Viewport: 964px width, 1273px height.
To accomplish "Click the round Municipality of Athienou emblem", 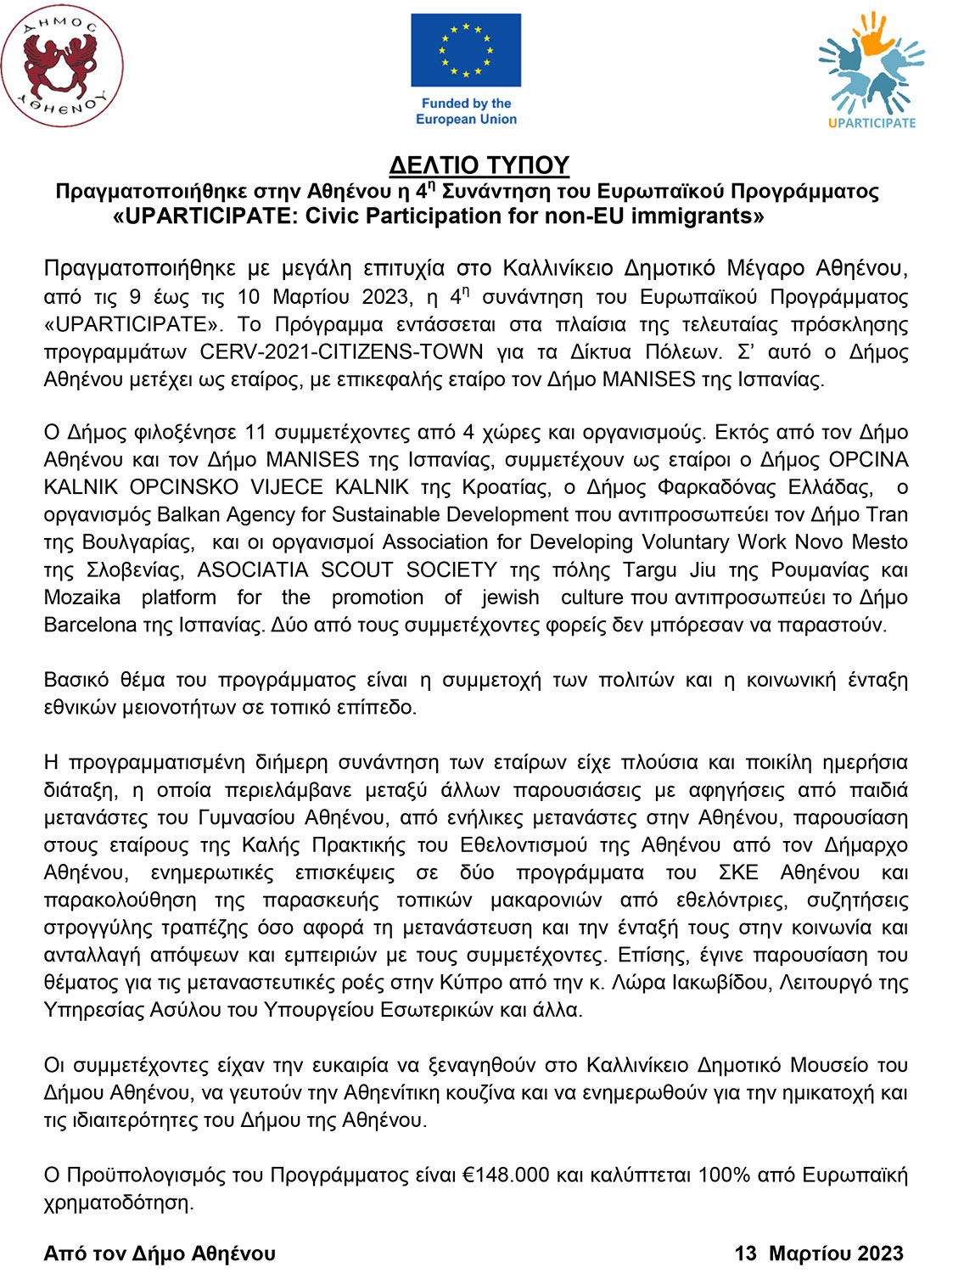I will pyautogui.click(x=62, y=66).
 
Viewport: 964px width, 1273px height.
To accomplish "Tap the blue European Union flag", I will pyautogui.click(x=466, y=50).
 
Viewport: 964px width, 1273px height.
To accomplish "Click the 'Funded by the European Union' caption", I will pyautogui.click(x=466, y=111).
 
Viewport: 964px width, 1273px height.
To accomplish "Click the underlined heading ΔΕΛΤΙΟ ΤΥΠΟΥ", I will pyautogui.click(x=479, y=165).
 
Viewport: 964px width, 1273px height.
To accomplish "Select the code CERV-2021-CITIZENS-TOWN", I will pyautogui.click(x=341, y=352).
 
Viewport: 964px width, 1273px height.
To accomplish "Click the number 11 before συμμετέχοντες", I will pyautogui.click(x=255, y=432).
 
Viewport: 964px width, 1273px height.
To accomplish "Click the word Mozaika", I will pyautogui.click(x=82, y=597).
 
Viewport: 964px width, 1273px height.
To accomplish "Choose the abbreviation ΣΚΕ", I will pyautogui.click(x=738, y=872).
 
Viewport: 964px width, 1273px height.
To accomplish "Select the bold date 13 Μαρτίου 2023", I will pyautogui.click(x=819, y=1253).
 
